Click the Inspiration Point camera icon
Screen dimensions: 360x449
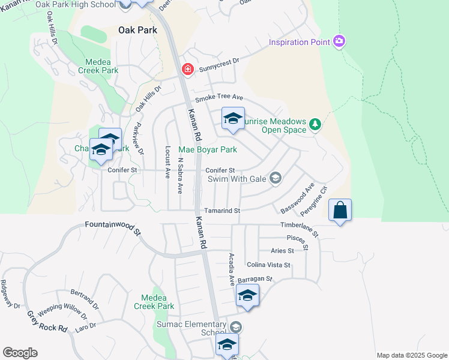(x=339, y=41)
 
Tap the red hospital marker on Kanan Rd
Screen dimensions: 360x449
(x=187, y=70)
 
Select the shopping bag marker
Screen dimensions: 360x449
(x=340, y=211)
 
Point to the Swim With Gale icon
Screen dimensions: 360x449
(x=276, y=178)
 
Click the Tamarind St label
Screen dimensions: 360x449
(x=222, y=211)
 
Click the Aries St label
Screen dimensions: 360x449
(x=282, y=251)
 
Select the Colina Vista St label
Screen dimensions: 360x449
(x=268, y=265)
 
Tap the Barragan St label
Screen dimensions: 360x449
(x=255, y=279)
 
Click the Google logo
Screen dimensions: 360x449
(x=20, y=353)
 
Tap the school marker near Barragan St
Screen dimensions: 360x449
(x=247, y=296)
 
